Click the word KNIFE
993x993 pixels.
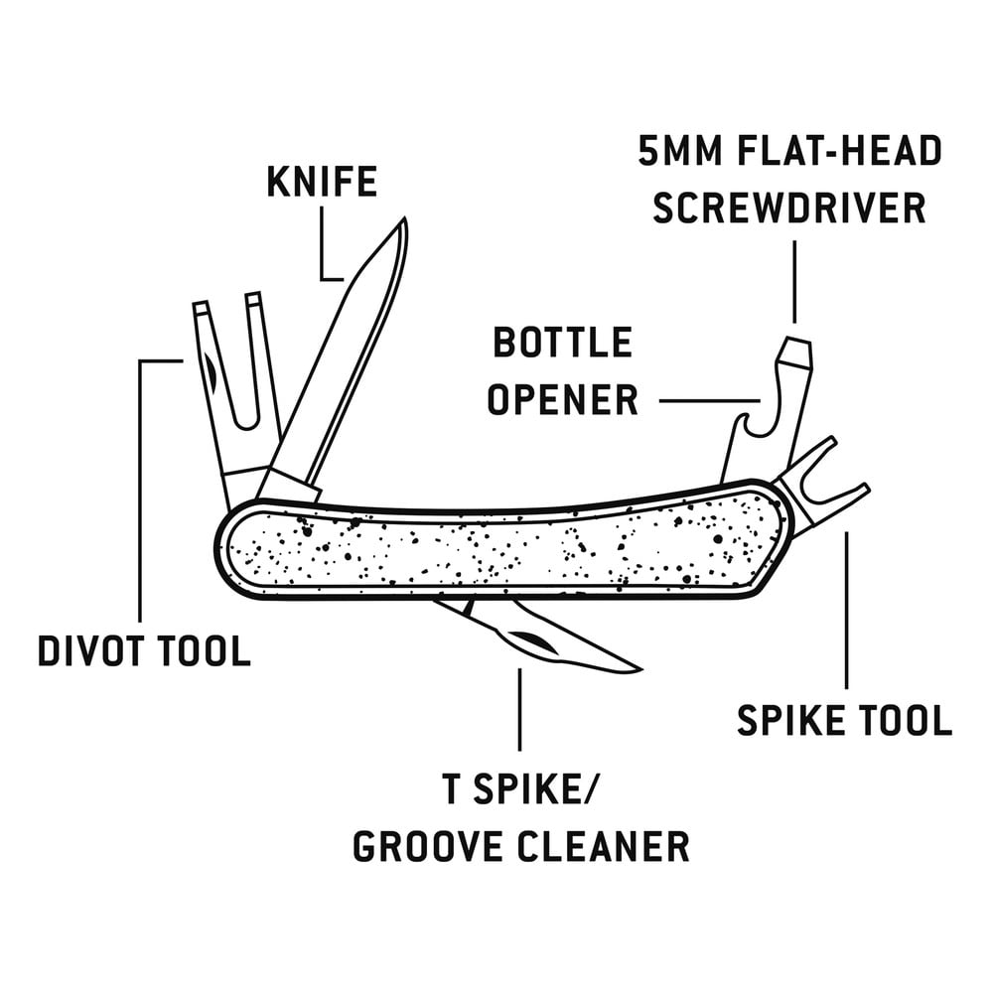tap(322, 182)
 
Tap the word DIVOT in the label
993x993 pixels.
tap(88, 650)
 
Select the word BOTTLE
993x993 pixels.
tap(562, 343)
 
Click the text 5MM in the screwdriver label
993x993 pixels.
tap(676, 151)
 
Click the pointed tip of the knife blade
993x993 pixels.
tap(403, 218)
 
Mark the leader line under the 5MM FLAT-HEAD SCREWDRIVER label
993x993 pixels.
tap(794, 282)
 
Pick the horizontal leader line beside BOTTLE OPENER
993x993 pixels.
tap(709, 400)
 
